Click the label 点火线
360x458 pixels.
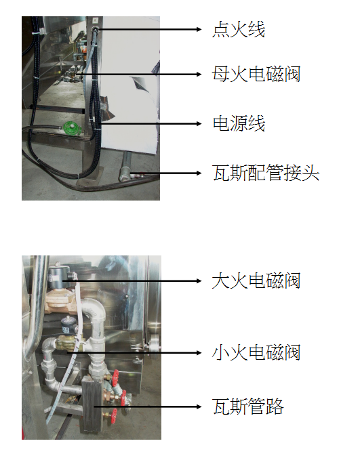[x=239, y=30]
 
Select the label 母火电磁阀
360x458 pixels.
[x=256, y=75]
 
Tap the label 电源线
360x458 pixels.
[x=239, y=123]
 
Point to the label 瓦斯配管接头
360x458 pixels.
[x=266, y=173]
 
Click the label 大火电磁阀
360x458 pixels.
[x=256, y=281]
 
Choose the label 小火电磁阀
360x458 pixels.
[x=256, y=353]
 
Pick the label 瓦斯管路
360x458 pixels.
[x=247, y=407]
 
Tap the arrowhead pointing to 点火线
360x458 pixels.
[x=199, y=30]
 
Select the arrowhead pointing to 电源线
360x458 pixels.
[x=199, y=123]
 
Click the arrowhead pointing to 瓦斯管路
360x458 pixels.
[x=199, y=407]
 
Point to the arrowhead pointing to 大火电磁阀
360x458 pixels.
[x=199, y=281]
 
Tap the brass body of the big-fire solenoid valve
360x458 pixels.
[x=59, y=301]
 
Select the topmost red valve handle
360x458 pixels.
[x=116, y=377]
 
